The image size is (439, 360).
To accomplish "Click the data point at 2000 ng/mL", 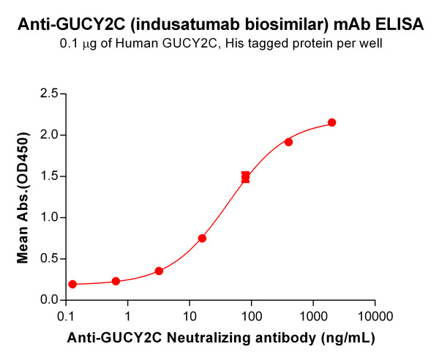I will (331, 122).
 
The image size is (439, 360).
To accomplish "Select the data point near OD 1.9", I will (288, 142).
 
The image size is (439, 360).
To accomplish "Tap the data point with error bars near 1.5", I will (245, 177).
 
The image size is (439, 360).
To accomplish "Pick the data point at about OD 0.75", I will (202, 239).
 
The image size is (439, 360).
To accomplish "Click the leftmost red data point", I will (72, 284).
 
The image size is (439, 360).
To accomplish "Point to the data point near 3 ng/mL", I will (159, 271).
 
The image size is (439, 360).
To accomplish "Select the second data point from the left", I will (116, 281).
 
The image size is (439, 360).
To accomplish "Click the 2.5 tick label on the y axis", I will (49, 94).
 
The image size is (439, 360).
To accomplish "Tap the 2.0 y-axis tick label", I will (49, 135).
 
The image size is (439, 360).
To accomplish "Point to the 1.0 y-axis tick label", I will (49, 217).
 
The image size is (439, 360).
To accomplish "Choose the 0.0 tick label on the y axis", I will (49, 300).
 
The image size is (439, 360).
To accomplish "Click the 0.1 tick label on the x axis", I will (66, 316).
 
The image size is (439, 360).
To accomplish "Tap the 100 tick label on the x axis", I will (252, 316).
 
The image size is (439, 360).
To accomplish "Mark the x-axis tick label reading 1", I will (128, 316).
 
